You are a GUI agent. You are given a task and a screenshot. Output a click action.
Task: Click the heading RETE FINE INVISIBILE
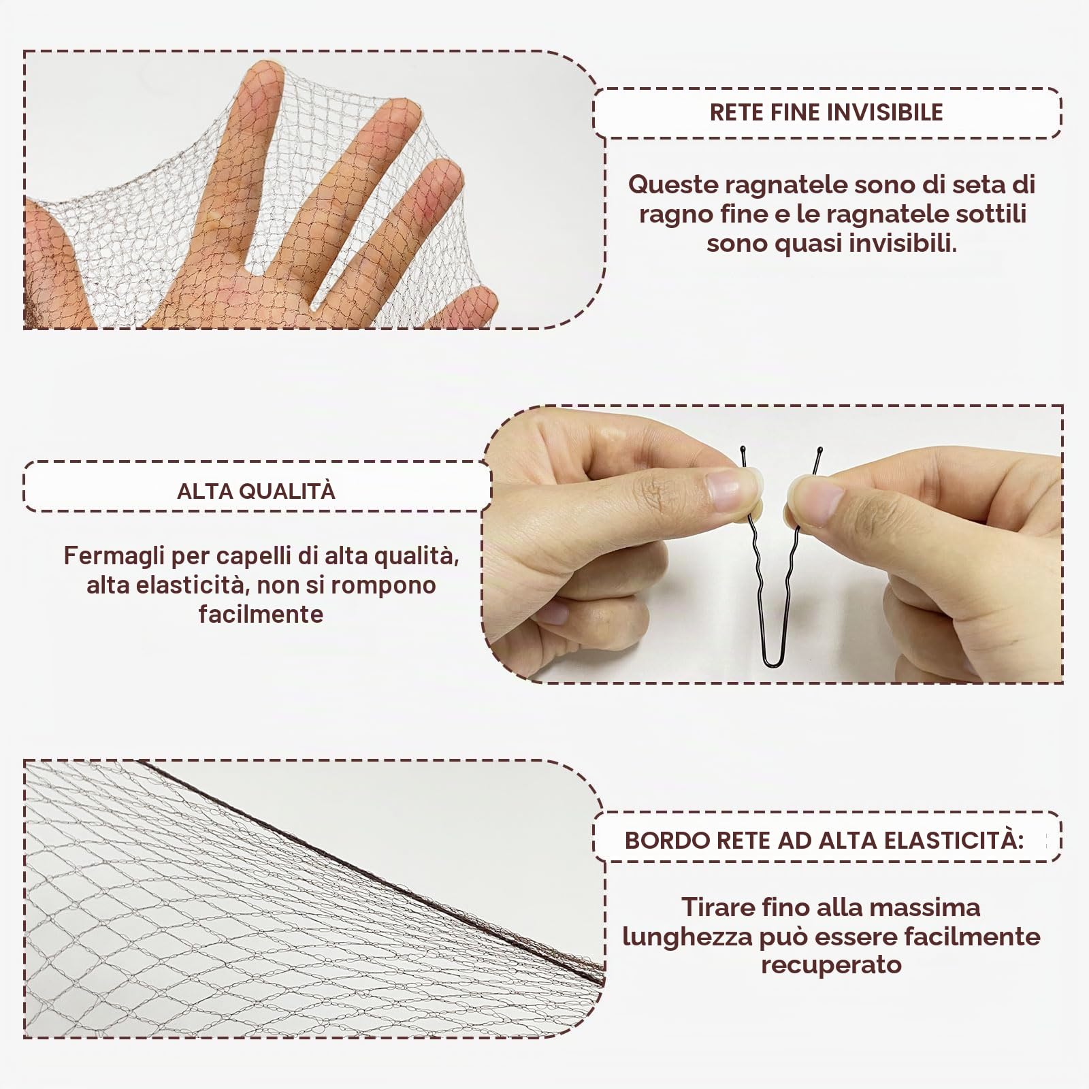(826, 112)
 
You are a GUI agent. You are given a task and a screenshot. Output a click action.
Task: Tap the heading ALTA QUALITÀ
(256, 491)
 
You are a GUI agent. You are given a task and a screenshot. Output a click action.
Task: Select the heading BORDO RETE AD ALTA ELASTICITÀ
(824, 840)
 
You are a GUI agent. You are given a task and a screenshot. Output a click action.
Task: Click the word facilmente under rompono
(261, 614)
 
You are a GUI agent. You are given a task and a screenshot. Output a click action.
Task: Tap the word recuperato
(831, 964)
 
